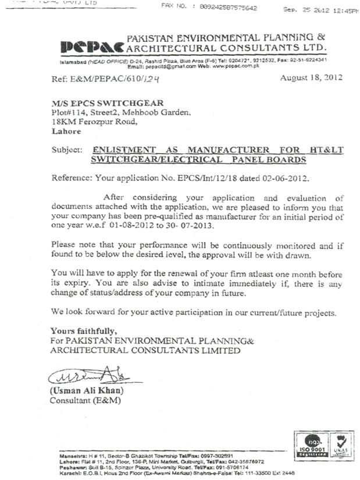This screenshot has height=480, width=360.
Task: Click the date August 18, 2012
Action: point(311,77)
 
